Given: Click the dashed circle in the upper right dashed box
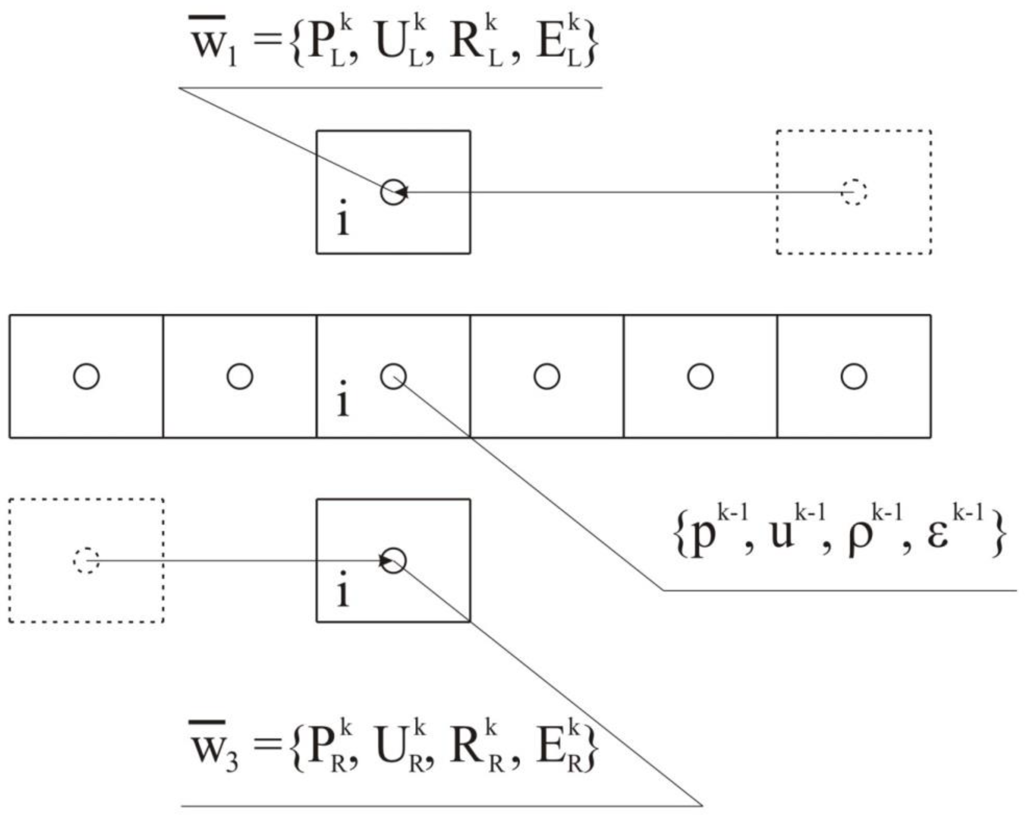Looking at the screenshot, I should coord(854,192).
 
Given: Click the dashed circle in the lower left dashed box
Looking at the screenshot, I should coord(86,561).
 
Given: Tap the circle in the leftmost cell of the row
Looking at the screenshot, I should coord(86,376).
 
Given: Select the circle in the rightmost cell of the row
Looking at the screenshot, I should coord(854,376).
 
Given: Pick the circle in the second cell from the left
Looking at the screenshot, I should coord(240,376).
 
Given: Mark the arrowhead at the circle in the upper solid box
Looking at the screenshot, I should coord(402,192).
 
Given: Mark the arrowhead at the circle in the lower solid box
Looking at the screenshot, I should coord(385,561).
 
